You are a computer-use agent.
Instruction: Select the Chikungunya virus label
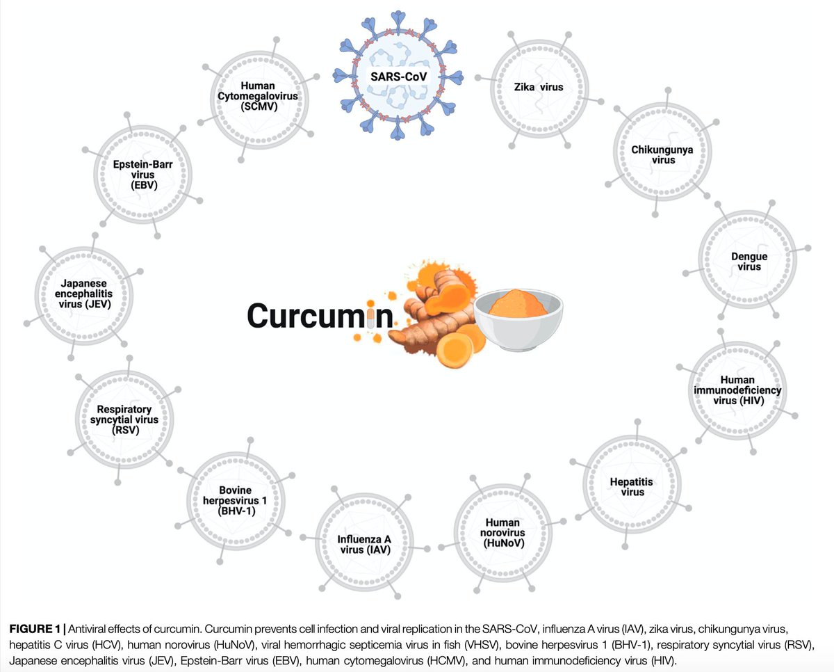click(653, 154)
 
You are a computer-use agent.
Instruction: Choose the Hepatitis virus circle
click(627, 486)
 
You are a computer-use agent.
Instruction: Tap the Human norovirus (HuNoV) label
click(505, 532)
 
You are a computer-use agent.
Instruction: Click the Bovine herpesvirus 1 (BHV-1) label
click(235, 500)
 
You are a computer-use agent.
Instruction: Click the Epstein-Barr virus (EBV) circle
click(142, 176)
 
